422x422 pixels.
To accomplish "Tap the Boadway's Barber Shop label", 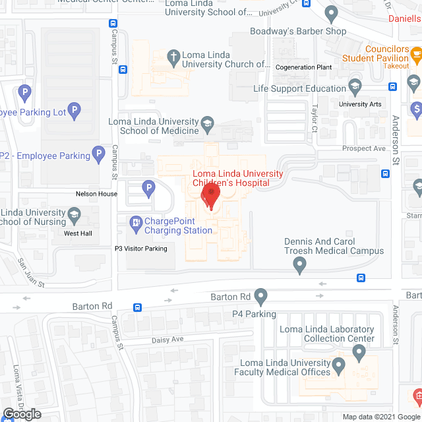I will coord(298,31).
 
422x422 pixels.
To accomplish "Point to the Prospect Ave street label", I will coord(363,148).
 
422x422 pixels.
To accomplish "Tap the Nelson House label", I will coord(96,194).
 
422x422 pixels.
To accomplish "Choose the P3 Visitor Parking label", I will coord(141,249).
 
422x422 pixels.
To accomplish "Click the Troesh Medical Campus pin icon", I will coord(300,265).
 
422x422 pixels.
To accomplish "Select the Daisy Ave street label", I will coord(167,339).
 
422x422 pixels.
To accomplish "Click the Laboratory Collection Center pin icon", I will coord(359,352).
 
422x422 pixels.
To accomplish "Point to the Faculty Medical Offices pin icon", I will coord(339,365).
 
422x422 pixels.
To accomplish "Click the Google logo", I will coord(21,414).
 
